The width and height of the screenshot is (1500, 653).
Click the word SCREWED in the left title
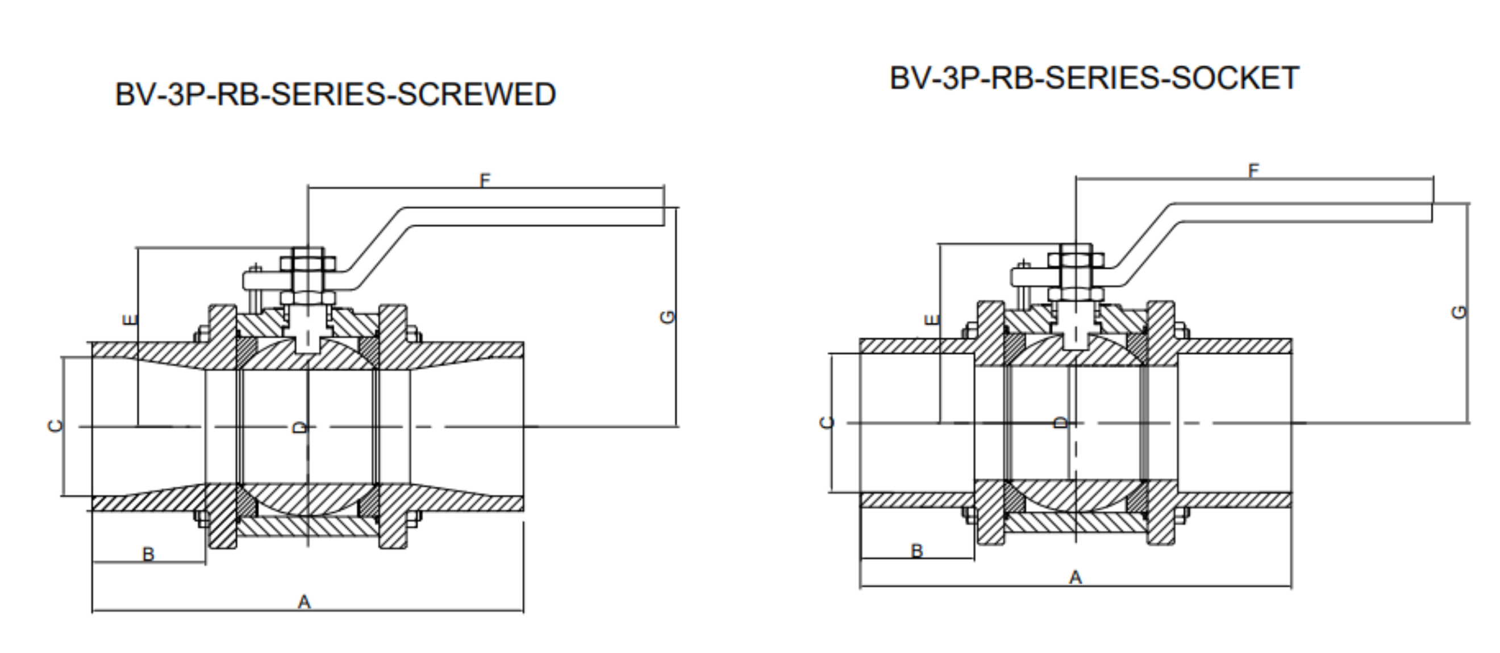click(x=476, y=94)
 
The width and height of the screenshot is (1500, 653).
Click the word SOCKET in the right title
click(x=1235, y=78)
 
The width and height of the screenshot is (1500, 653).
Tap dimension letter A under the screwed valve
click(x=304, y=602)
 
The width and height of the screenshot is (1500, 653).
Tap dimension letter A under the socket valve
click(x=1075, y=577)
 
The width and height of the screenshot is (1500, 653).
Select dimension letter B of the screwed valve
click(x=148, y=554)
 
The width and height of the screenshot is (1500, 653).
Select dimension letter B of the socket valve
click(x=916, y=551)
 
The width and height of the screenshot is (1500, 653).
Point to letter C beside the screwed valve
click(x=55, y=426)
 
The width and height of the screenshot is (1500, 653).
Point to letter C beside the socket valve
click(x=826, y=422)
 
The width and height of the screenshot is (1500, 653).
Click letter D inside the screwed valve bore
click(x=299, y=428)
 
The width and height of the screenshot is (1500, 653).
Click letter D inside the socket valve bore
click(x=1061, y=422)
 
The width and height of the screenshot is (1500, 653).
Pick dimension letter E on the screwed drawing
click(x=130, y=320)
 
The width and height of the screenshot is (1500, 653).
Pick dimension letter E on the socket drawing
click(x=932, y=320)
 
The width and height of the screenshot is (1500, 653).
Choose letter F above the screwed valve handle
click(x=485, y=181)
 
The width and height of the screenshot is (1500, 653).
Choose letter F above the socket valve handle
click(x=1253, y=170)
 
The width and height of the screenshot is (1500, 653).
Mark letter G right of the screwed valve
click(x=667, y=317)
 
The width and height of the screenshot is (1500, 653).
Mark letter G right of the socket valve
click(x=1459, y=313)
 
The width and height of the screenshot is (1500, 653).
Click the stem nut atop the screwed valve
click(x=307, y=263)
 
